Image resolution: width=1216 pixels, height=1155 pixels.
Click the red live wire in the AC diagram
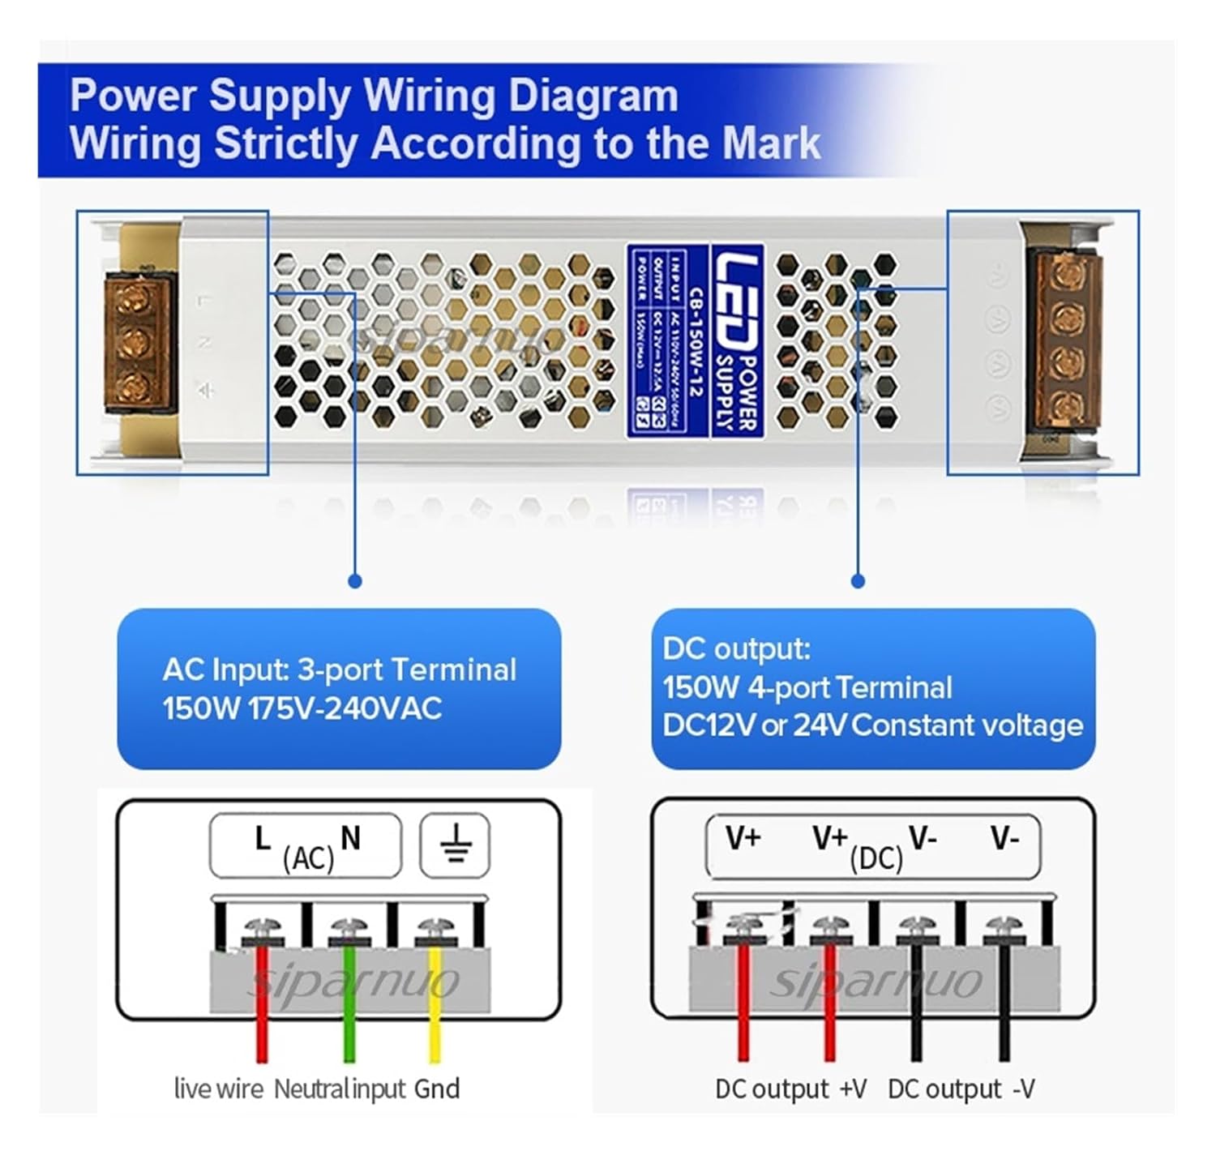262,1013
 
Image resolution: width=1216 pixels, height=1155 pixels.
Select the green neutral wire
349,1013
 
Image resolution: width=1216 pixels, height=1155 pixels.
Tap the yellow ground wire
435,1013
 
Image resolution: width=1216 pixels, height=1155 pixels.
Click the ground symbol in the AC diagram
456,844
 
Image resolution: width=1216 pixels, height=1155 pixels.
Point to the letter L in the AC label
262,839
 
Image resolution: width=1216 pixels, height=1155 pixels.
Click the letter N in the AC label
350,839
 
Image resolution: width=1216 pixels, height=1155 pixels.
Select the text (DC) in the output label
876,858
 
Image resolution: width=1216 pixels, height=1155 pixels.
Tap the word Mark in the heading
770,143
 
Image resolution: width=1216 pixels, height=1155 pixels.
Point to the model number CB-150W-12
696,340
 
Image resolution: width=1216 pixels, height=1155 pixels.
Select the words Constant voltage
967,725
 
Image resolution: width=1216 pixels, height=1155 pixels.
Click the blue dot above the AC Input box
354,581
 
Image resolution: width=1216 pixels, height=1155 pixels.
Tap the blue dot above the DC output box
858,581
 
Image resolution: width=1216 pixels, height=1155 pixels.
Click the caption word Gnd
437,1089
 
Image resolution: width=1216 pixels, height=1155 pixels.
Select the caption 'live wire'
219,1089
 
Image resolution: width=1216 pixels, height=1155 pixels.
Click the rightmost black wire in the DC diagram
1004,1013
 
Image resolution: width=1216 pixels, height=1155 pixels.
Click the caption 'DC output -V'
961,1089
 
